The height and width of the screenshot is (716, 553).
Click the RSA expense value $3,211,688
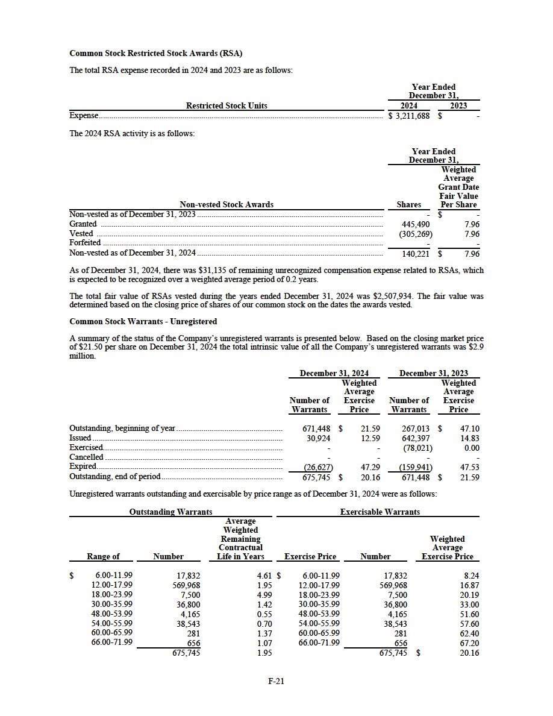pos(410,116)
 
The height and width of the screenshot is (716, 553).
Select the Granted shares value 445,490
pos(416,224)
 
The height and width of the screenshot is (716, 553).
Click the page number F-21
pos(276,681)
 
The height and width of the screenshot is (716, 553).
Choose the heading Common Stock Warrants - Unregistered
pos(143,321)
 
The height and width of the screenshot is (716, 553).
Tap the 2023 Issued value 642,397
pos(416,438)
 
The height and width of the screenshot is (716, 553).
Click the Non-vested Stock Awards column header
pos(227,205)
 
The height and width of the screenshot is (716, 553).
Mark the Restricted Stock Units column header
pos(227,106)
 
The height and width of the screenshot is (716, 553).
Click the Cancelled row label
pos(86,457)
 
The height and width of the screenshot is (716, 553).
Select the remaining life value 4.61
pos(264,576)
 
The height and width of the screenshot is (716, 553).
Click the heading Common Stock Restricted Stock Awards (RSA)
pos(156,54)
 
